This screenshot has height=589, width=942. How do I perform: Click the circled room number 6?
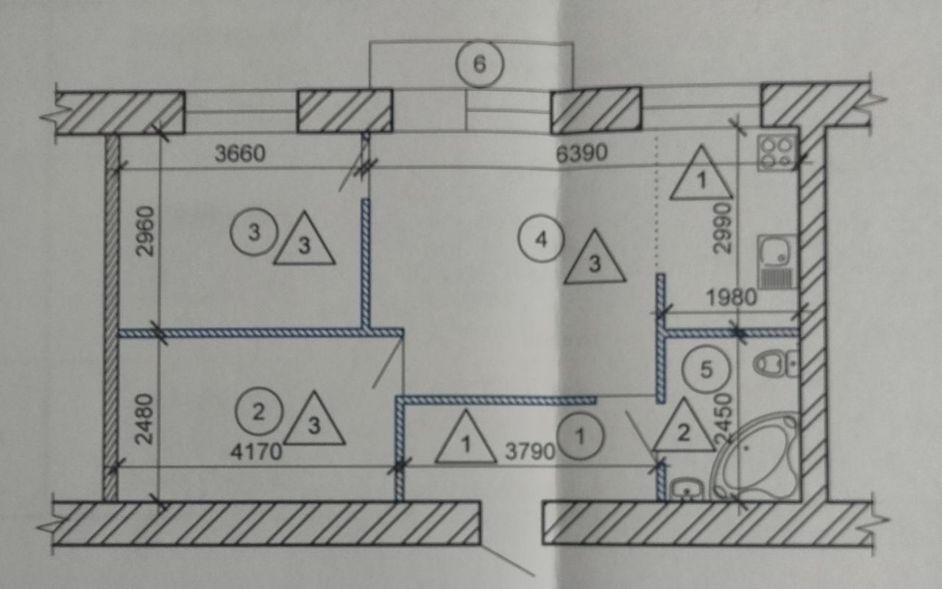point(479,63)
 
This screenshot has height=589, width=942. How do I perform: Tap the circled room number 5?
point(705,370)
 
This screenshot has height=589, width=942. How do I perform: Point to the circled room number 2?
point(258,411)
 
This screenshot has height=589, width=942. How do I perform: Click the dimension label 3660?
point(239,154)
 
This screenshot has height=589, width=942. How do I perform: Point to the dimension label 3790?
point(530,451)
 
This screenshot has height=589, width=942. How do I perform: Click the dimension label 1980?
point(732,297)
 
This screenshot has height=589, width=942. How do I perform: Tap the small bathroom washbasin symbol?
point(687,488)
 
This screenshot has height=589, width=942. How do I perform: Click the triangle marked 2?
point(684,428)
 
